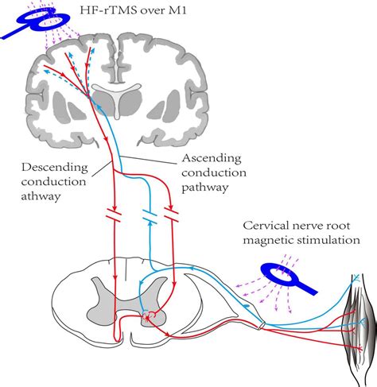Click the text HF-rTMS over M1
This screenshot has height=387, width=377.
click(x=134, y=10)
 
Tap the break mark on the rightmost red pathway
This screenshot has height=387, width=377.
click(x=170, y=215)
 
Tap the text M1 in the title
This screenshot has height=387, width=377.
click(x=182, y=10)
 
